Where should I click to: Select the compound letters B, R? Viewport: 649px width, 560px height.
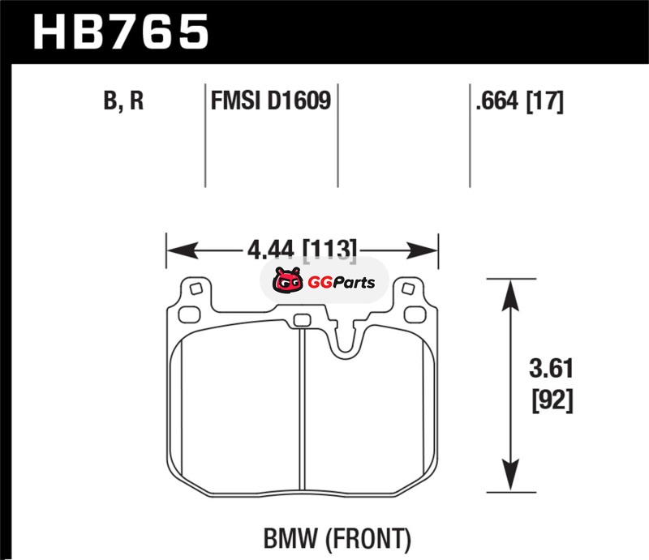(x=123, y=103)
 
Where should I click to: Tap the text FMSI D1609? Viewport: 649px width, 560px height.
(x=270, y=103)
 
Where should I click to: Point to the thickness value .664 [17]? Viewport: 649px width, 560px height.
(x=520, y=103)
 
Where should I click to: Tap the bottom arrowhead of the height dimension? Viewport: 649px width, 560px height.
(x=509, y=478)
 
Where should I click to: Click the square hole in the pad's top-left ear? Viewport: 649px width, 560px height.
(x=195, y=289)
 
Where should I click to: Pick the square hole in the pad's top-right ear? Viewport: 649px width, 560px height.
(x=409, y=289)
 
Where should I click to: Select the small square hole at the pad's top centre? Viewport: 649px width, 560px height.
(x=301, y=319)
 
